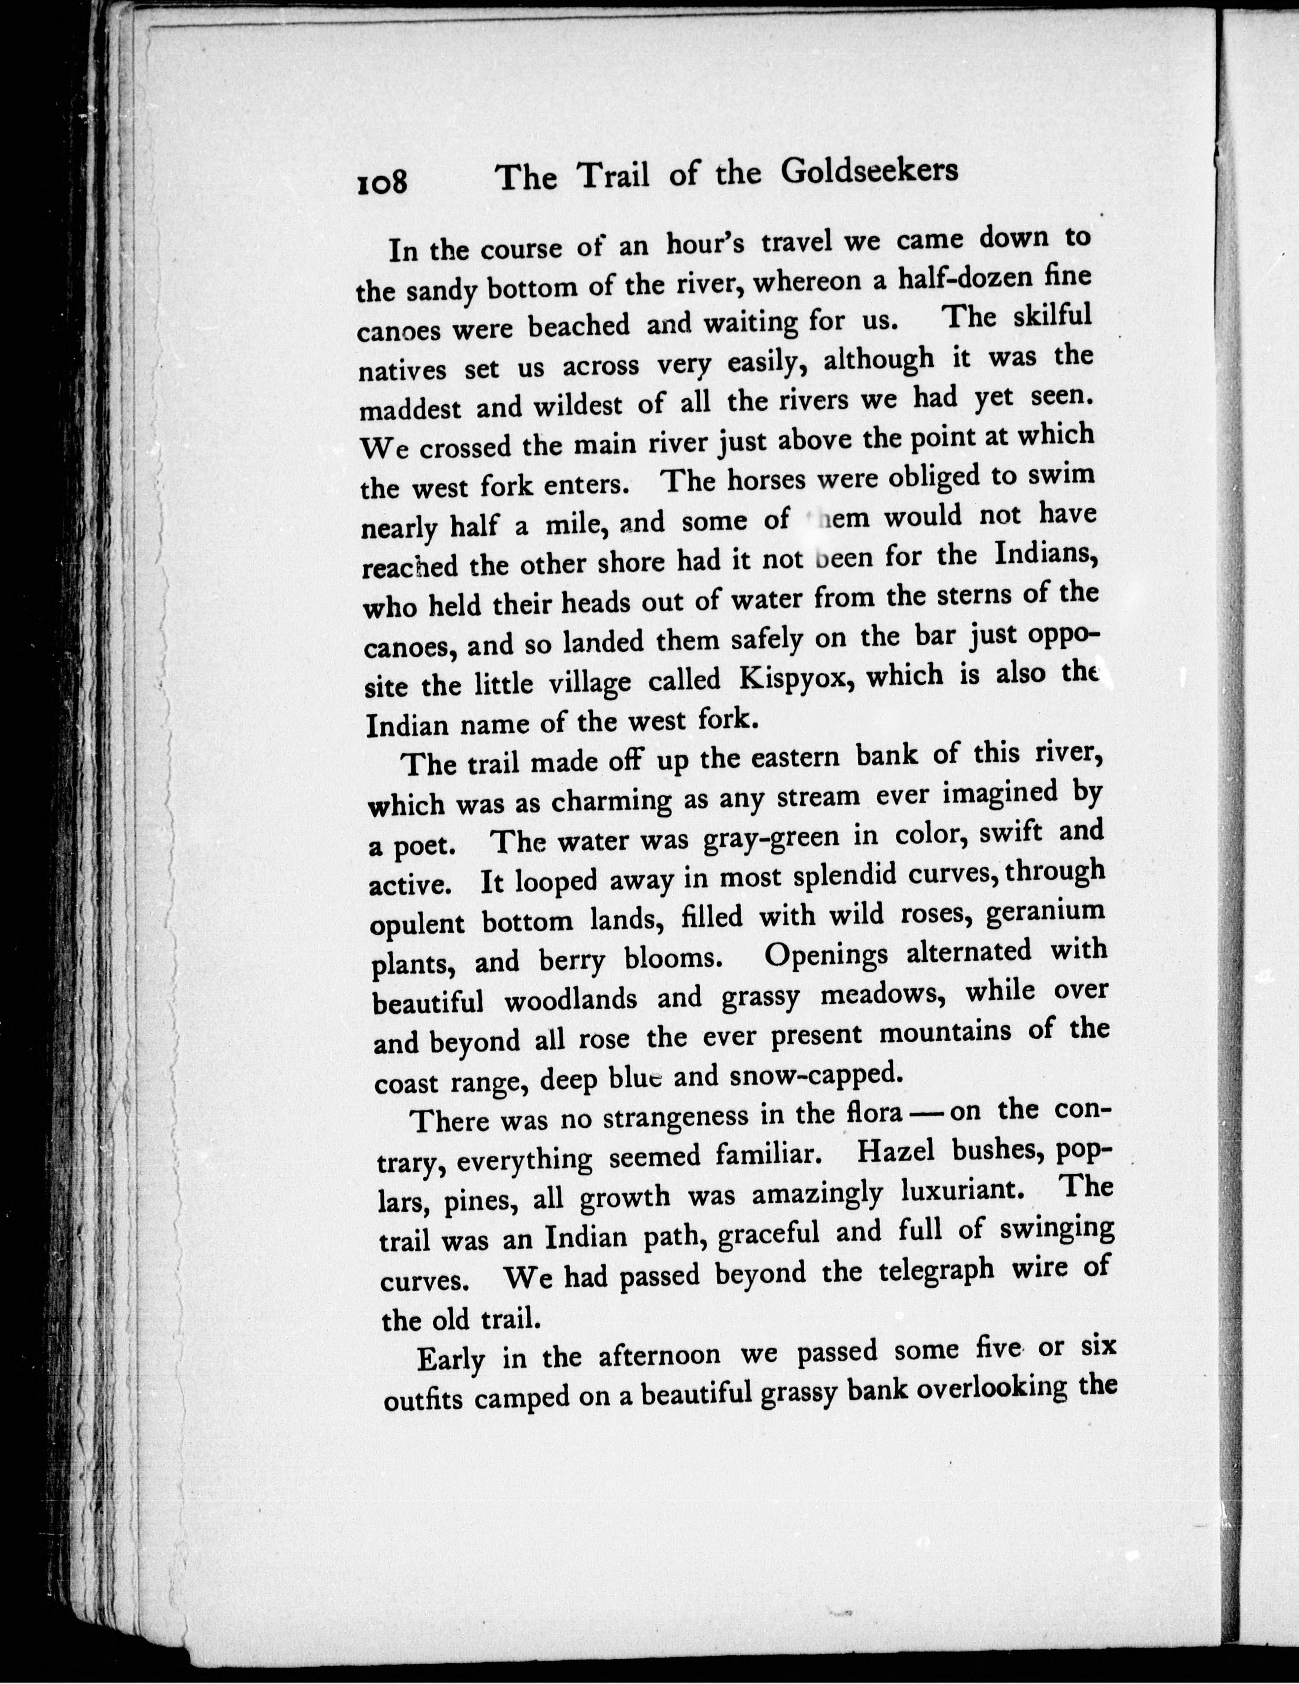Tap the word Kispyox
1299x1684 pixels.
point(795,678)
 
